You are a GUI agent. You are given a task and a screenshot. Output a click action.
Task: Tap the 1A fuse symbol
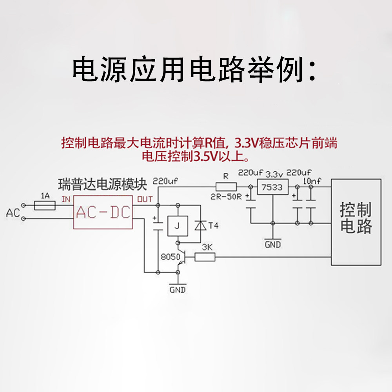tap(45, 205)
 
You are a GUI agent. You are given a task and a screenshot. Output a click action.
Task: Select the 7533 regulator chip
tap(272, 187)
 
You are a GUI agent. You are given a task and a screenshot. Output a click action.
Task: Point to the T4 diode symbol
tap(200, 226)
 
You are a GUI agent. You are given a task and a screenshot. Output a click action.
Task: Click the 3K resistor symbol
tap(205, 257)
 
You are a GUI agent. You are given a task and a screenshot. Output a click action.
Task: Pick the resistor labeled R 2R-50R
tap(226, 187)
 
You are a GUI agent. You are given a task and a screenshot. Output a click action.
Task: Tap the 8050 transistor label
tap(170, 257)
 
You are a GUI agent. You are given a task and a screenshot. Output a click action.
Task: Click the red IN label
tap(66, 199)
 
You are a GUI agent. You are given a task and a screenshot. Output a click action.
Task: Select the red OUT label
tap(145, 199)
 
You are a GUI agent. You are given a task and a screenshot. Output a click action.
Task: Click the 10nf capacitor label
tap(312, 181)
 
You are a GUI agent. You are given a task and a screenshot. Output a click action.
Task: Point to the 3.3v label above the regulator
tap(274, 174)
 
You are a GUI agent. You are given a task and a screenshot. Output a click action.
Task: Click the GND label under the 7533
tap(273, 245)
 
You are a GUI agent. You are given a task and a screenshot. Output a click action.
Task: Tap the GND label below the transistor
tap(178, 290)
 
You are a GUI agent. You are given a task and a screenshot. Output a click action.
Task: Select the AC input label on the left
tap(13, 213)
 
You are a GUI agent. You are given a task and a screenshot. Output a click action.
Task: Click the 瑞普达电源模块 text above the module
tap(102, 184)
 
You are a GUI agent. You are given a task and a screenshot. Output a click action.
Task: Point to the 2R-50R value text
tap(226, 197)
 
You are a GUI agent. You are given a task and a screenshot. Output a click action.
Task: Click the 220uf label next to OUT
tap(165, 181)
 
